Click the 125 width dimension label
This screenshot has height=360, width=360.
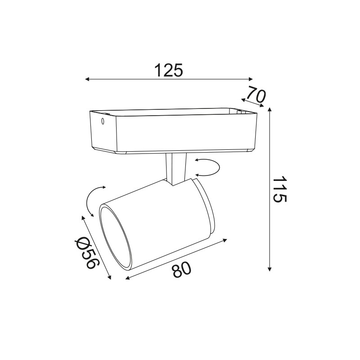pyautogui.click(x=169, y=70)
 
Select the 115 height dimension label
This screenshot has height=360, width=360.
pyautogui.click(x=279, y=189)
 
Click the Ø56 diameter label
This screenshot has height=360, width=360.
pyautogui.click(x=88, y=252)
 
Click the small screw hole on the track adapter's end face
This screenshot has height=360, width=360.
pyautogui.click(x=103, y=121)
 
